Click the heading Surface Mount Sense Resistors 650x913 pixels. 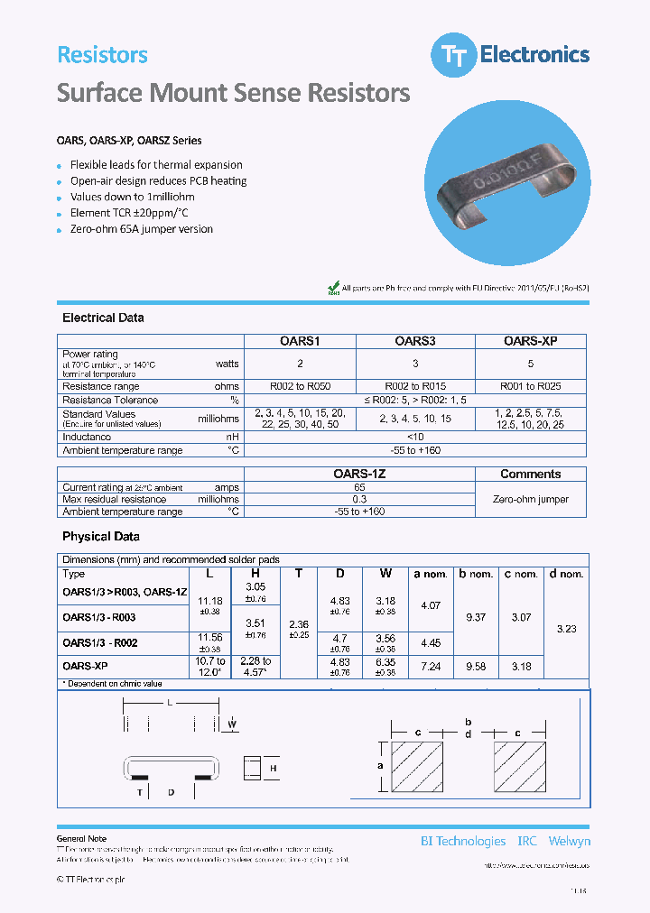point(234,93)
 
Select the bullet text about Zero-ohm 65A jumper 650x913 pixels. point(142,229)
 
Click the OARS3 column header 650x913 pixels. point(415,341)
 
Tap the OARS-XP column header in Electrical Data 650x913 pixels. point(530,341)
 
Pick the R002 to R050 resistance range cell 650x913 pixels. point(301,386)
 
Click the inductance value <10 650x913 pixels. point(416,437)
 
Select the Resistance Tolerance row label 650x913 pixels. point(110,400)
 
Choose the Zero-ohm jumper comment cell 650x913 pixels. point(530,499)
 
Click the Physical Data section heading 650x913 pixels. point(100,536)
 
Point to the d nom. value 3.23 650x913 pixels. point(566,629)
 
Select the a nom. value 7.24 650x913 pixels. point(431,667)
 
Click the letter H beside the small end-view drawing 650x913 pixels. point(274,767)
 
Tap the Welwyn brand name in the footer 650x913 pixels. point(569,841)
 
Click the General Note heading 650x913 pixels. point(81,839)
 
